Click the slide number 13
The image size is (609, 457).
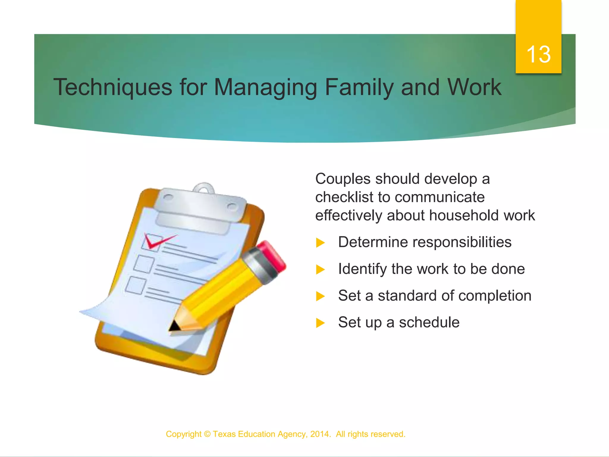[538, 54]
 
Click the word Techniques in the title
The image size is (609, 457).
[113, 87]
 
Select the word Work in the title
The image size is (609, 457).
[474, 87]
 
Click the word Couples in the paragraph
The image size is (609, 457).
[343, 179]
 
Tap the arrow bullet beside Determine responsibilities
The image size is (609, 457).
[320, 242]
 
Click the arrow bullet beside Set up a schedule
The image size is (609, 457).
[320, 323]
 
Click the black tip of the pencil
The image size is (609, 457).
[174, 326]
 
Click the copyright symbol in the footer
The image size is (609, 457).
[207, 434]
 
